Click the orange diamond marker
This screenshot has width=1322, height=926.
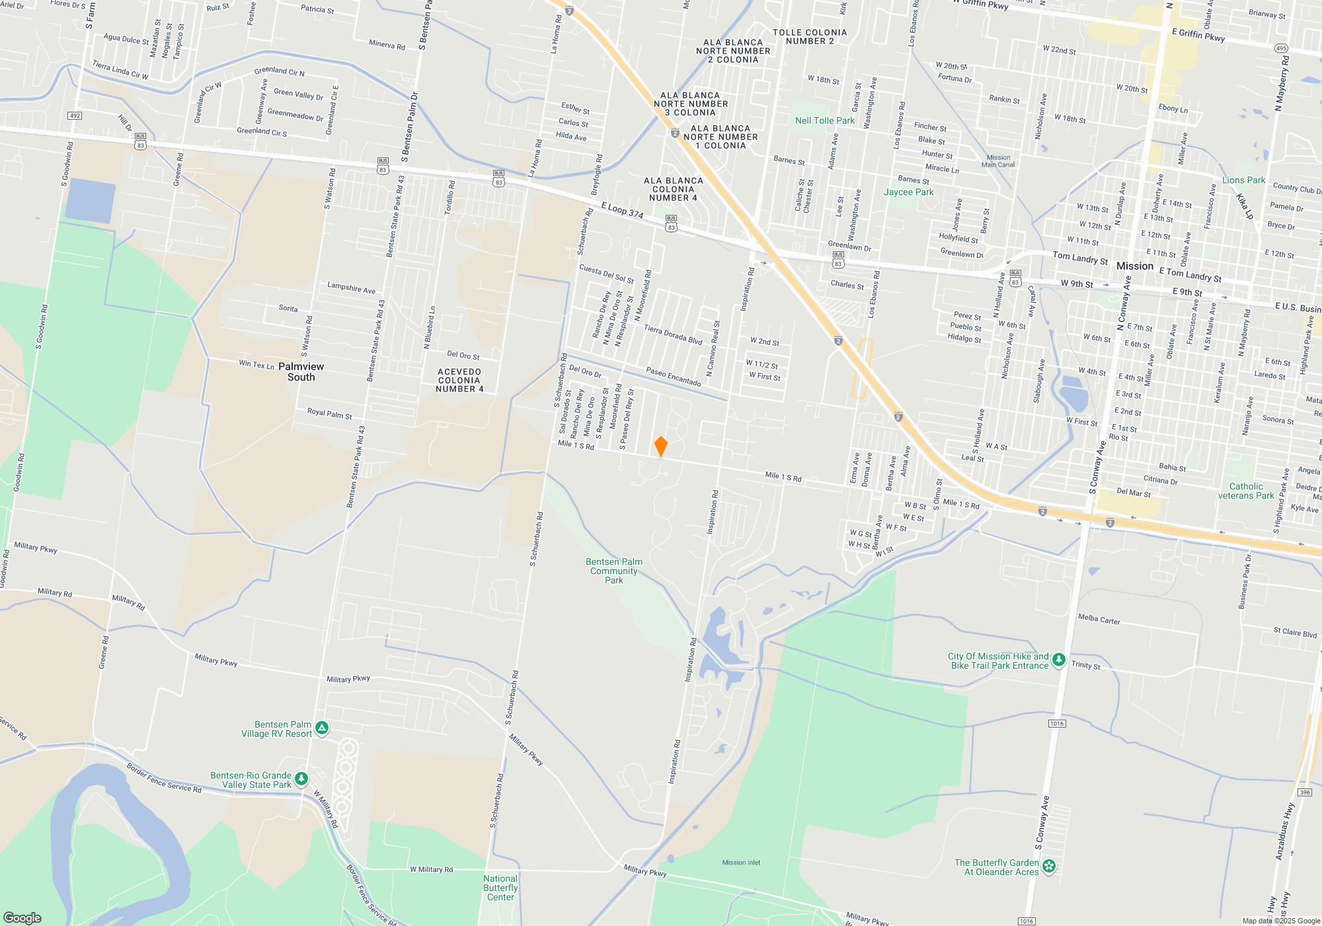click(660, 446)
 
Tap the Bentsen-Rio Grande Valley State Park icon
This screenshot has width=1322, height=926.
click(301, 779)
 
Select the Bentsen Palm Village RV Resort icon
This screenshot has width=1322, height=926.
click(322, 728)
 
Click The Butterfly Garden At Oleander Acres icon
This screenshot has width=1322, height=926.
click(1048, 866)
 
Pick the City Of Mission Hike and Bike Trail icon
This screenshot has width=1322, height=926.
click(1058, 659)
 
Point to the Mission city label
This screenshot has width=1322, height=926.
click(1134, 266)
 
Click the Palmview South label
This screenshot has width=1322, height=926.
click(301, 372)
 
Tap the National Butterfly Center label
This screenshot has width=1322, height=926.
click(500, 888)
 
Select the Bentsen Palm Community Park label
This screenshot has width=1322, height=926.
click(614, 571)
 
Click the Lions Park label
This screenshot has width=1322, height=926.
click(1243, 180)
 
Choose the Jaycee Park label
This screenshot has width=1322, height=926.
click(909, 192)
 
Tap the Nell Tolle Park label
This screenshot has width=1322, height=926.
click(824, 120)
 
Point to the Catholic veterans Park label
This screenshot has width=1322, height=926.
click(1246, 491)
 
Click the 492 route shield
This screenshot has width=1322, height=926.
click(75, 116)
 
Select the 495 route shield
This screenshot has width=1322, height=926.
click(1281, 48)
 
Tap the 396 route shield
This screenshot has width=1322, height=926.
click(1304, 792)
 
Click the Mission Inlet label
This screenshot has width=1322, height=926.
click(741, 863)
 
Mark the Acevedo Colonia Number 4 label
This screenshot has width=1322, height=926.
click(459, 380)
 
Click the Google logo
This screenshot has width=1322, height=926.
click(22, 917)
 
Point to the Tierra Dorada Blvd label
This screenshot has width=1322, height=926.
click(673, 335)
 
